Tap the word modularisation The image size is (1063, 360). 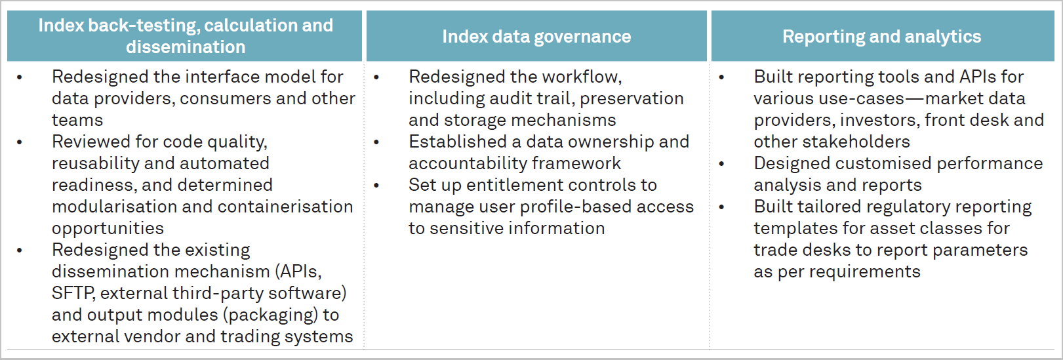(x=114, y=207)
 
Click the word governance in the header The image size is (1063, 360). (x=583, y=37)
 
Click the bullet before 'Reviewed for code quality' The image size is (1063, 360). (x=20, y=142)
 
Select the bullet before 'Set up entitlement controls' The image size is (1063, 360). (x=376, y=185)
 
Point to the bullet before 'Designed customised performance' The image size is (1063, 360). (x=721, y=164)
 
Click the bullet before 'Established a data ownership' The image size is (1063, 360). (x=376, y=142)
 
